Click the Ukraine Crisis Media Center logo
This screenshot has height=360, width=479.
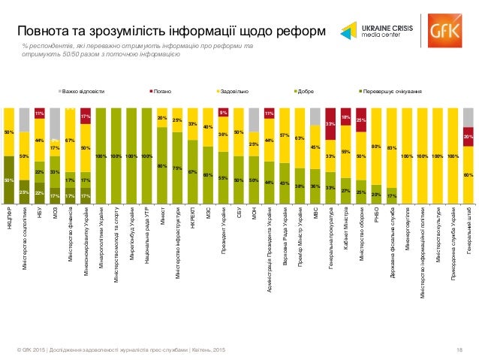pos(379,31)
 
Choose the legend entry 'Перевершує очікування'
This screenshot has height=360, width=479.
pos(390,92)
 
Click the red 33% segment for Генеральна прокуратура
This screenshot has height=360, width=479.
pos(330,123)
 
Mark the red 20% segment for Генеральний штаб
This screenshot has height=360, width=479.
pos(468,137)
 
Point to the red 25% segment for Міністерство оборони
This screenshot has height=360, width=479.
pos(361,120)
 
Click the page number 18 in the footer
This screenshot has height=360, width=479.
pos(459,351)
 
